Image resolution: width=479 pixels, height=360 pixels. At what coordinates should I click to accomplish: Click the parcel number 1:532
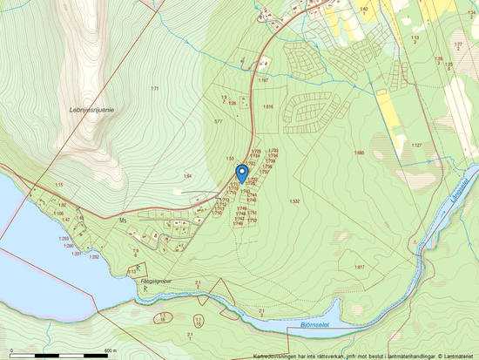[x=295, y=201]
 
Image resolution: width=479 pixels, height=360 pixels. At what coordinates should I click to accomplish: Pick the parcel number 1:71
[x=154, y=90]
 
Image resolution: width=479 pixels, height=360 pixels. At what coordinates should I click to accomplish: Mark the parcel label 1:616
[x=268, y=106]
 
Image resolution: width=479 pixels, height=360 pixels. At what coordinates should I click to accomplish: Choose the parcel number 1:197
[x=262, y=79]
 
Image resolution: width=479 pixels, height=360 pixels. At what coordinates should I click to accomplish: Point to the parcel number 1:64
[x=186, y=176]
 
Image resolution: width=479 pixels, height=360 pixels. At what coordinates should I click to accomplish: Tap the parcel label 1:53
[x=230, y=159]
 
